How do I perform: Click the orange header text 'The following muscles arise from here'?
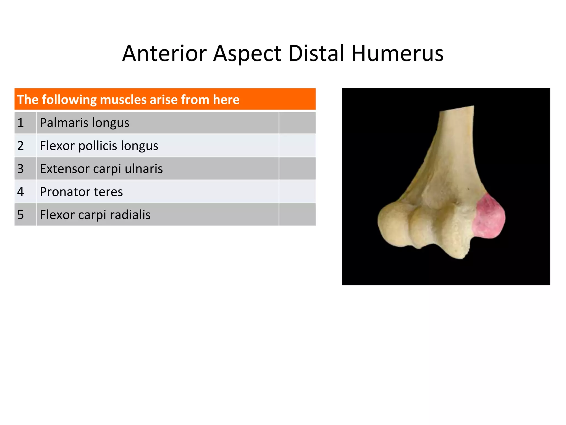pyautogui.click(x=128, y=99)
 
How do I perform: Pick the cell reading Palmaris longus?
pyautogui.click(x=158, y=123)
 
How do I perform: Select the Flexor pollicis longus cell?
pyautogui.click(x=158, y=146)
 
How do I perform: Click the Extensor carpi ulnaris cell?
pyautogui.click(x=158, y=169)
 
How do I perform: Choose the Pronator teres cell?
pyautogui.click(x=158, y=191)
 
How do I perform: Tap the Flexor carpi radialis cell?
pyautogui.click(x=158, y=214)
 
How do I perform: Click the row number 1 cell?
pyautogui.click(x=25, y=123)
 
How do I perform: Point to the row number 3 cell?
pyautogui.click(x=25, y=169)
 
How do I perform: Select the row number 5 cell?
pyautogui.click(x=25, y=214)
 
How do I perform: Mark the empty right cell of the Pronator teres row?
pyautogui.click(x=297, y=191)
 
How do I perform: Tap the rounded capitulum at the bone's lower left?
pyautogui.click(x=392, y=224)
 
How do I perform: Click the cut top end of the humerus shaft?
pyautogui.click(x=457, y=109)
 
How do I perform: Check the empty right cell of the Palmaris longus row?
pyautogui.click(x=297, y=123)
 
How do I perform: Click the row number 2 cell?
pyautogui.click(x=25, y=146)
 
